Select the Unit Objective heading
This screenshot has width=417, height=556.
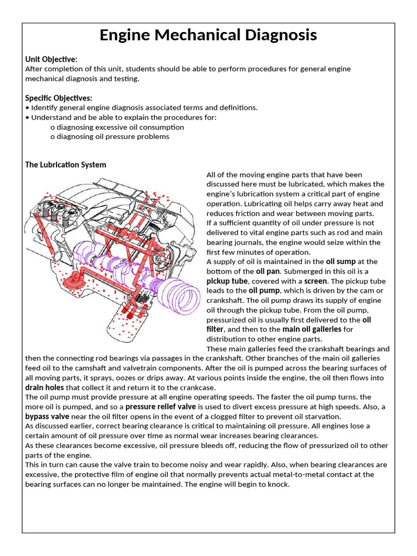[x=52, y=59]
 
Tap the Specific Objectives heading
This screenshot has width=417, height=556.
[x=59, y=98]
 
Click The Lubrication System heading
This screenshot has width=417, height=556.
[x=66, y=165]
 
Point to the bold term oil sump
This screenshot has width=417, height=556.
[x=340, y=262]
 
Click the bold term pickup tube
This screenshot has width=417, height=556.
[x=227, y=281]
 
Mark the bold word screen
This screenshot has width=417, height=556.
[x=315, y=281]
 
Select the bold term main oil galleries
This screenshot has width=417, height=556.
[x=312, y=329]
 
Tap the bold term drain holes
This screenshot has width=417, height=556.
[x=45, y=388]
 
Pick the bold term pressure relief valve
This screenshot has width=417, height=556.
[x=161, y=407]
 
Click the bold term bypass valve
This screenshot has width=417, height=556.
[x=47, y=416]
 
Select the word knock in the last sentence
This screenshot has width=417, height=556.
[x=279, y=484]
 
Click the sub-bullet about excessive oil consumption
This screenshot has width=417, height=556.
[x=117, y=127]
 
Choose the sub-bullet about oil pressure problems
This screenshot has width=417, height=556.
[x=109, y=137]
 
